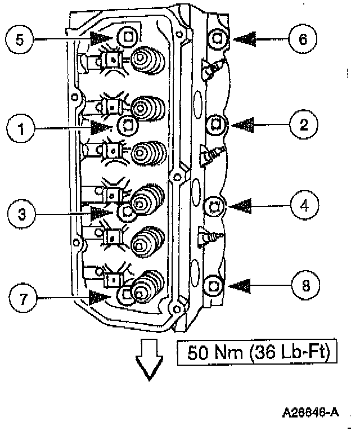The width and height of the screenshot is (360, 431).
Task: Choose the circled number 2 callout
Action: pyautogui.click(x=304, y=124)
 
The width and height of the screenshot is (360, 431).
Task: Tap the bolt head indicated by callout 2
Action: pyautogui.click(x=217, y=123)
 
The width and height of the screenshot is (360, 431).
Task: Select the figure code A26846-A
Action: pyautogui.click(x=311, y=412)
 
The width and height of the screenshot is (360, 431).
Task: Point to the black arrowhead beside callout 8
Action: pyautogui.click(x=246, y=285)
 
